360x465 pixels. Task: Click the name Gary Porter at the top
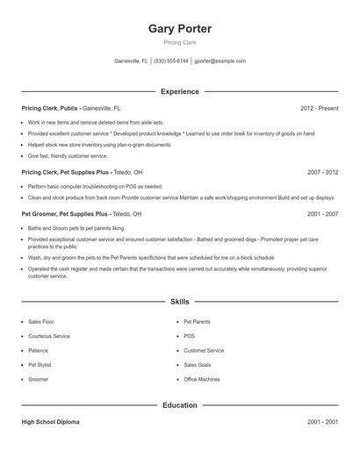pos(180,29)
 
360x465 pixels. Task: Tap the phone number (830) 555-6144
pos(171,61)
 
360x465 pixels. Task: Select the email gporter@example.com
pos(220,61)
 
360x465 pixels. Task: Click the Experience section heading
pos(180,91)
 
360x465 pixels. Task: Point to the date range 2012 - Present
pos(319,108)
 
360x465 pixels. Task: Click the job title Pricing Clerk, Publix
pos(51,108)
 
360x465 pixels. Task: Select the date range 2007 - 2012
pos(322,172)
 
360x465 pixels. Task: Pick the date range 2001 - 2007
pos(322,213)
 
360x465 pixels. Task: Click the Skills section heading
pos(180,302)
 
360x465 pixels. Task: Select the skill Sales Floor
pos(41,322)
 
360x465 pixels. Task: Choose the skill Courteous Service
pos(49,336)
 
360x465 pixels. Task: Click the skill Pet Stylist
pos(40,364)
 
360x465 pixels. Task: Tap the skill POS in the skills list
pos(189,336)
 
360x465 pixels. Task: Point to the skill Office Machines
pos(202,378)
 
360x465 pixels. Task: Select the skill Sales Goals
pos(198,364)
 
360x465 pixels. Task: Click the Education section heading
pos(180,405)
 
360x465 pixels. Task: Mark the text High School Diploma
pos(50,422)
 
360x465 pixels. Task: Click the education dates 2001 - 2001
pos(322,422)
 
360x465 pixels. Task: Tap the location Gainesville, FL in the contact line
pos(132,61)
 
